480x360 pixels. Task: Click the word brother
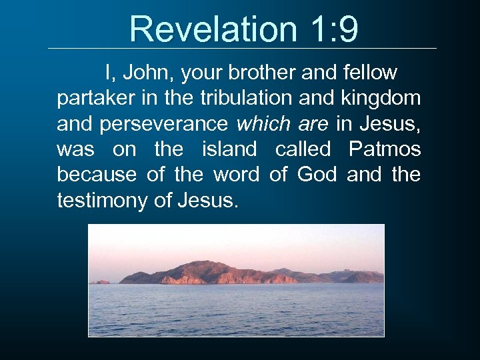[x=261, y=72]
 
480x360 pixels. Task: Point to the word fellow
[x=367, y=72]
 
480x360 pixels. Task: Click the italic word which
[x=263, y=123]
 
